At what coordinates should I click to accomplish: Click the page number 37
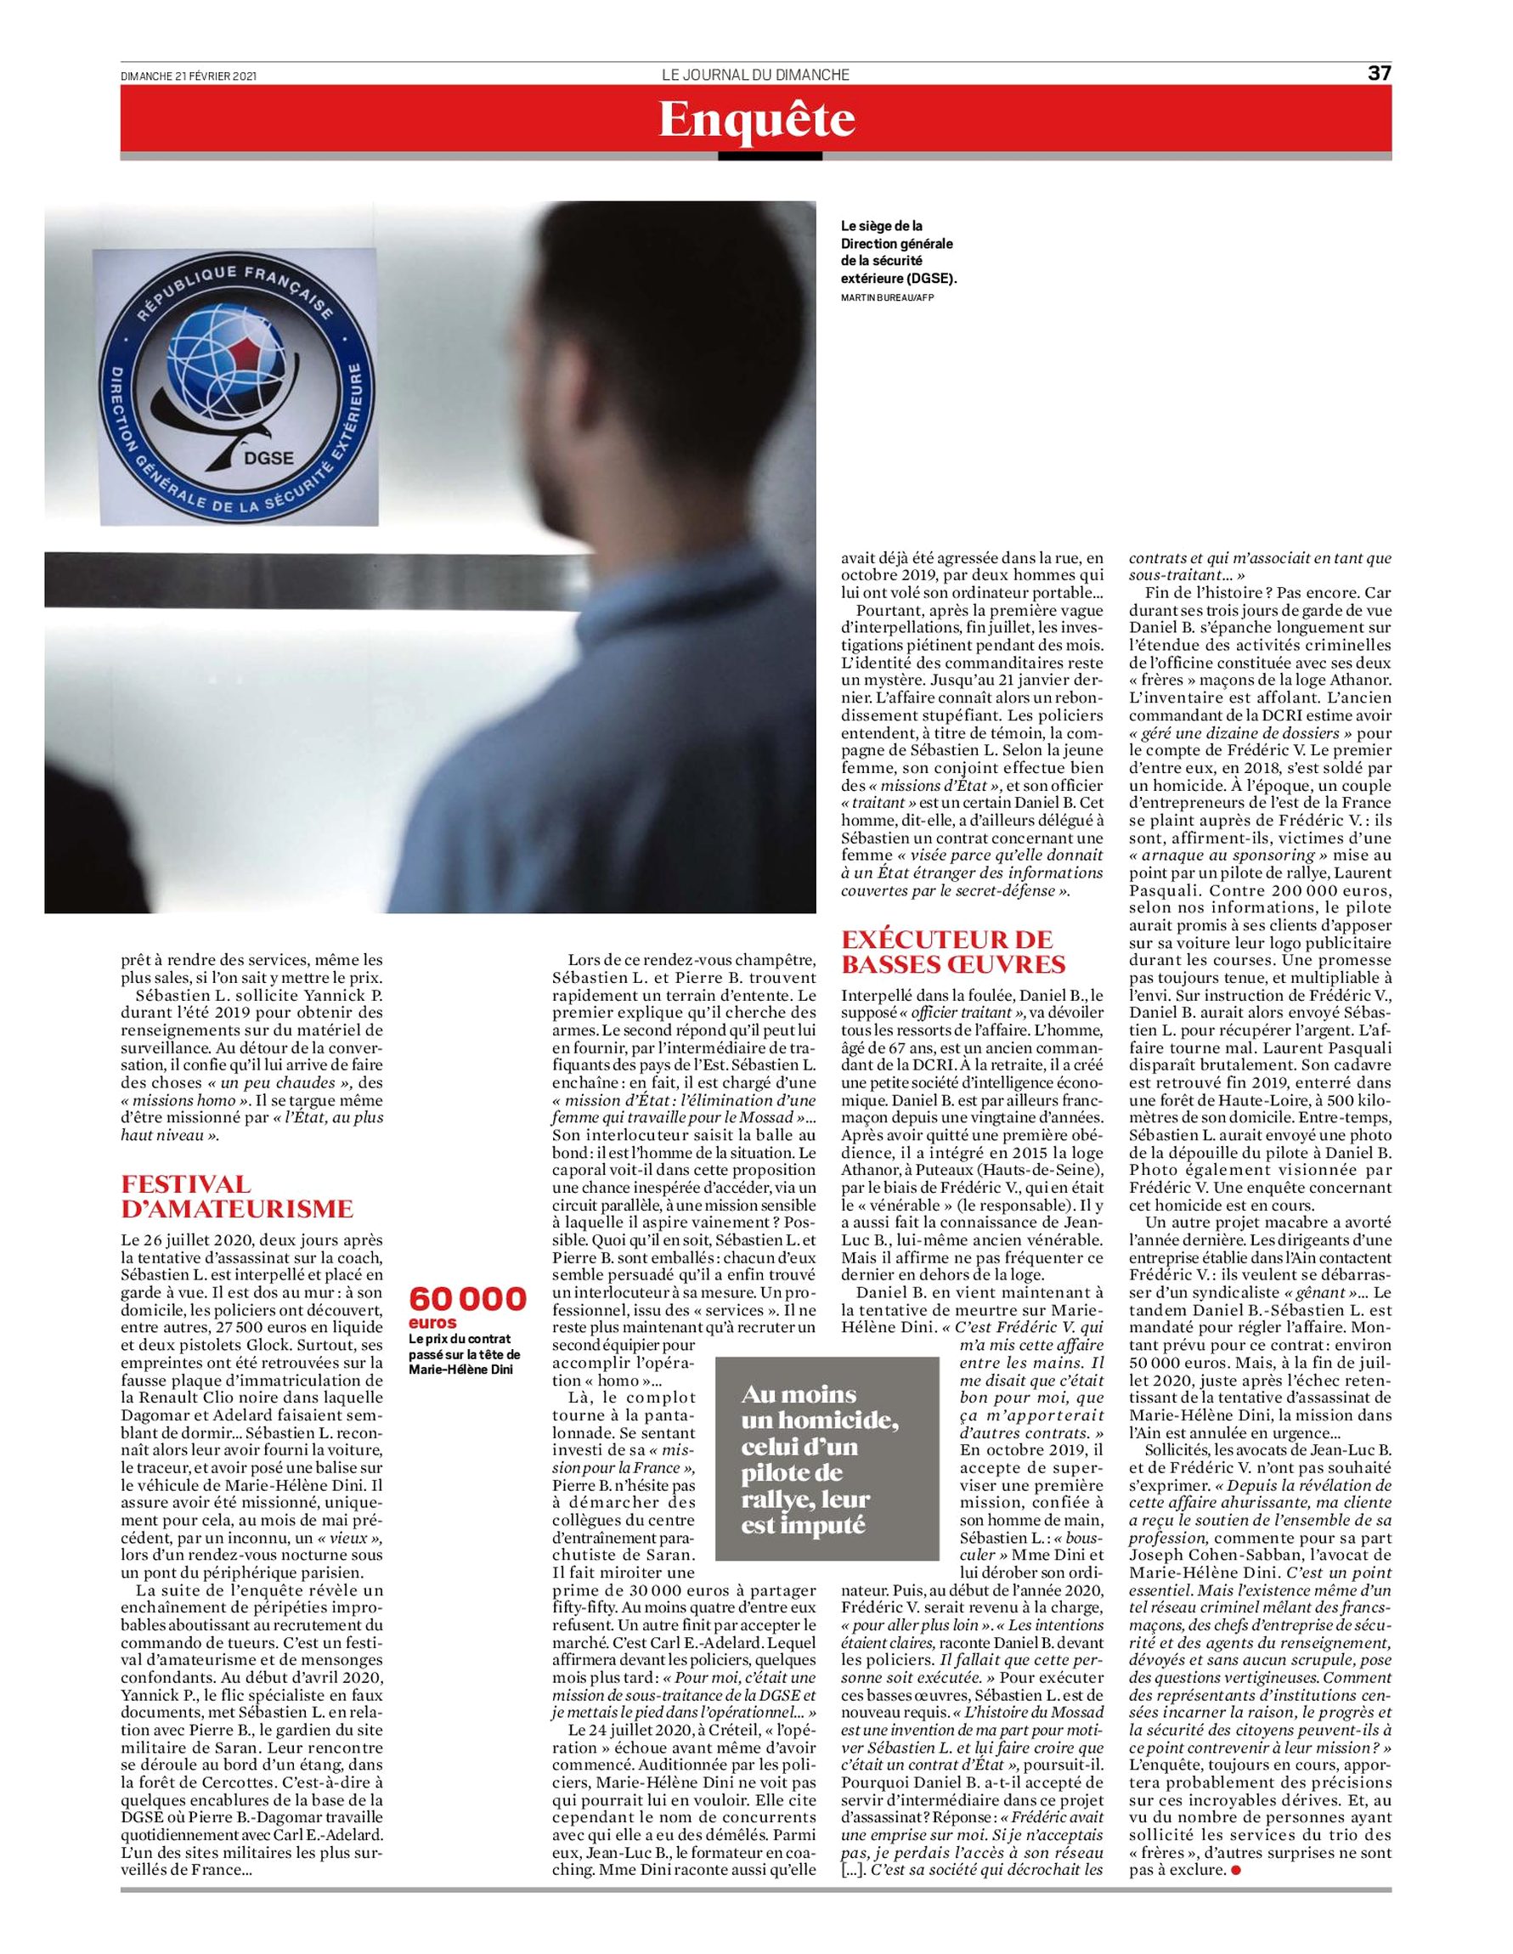click(x=1379, y=74)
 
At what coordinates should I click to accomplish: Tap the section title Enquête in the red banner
click(x=756, y=120)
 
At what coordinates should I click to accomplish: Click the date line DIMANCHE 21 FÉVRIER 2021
click(x=189, y=77)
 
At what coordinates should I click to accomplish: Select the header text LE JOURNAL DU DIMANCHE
click(x=755, y=75)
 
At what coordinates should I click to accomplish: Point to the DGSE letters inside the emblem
click(x=269, y=460)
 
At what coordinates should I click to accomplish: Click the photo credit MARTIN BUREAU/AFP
click(x=885, y=298)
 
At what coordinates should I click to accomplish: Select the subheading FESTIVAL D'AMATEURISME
click(x=237, y=1196)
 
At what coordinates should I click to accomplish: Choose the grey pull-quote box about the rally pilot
click(x=827, y=1460)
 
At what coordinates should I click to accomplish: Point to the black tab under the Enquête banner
click(x=770, y=156)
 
